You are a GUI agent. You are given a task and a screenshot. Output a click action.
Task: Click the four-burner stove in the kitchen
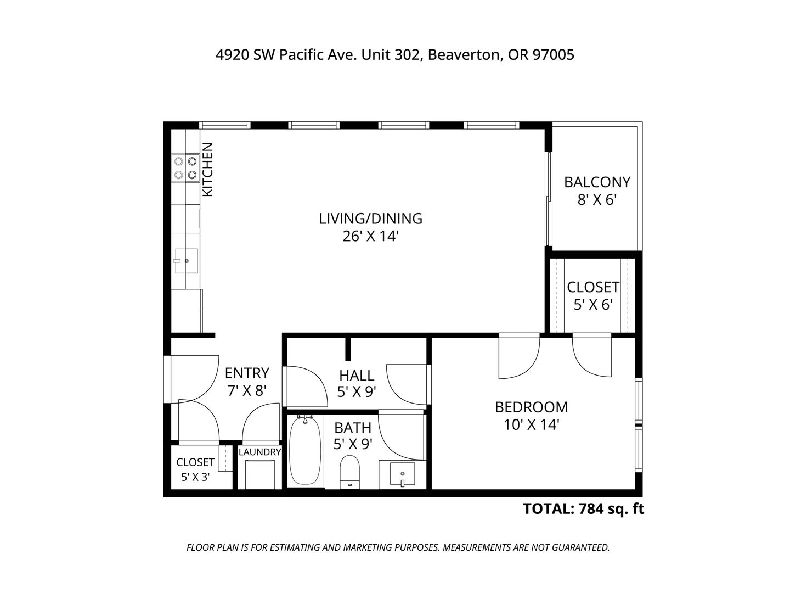click(x=185, y=168)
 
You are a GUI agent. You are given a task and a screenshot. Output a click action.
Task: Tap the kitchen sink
click(x=186, y=261)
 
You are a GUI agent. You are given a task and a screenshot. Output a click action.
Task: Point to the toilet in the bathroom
click(x=349, y=472)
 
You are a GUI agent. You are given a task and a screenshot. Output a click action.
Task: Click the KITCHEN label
click(x=208, y=170)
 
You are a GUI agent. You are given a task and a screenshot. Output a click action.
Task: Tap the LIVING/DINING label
click(x=371, y=219)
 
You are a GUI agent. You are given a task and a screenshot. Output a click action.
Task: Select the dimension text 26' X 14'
click(x=371, y=237)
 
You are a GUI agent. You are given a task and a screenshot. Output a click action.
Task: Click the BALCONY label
click(x=597, y=182)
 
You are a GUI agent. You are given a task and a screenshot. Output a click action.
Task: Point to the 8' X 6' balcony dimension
click(x=597, y=200)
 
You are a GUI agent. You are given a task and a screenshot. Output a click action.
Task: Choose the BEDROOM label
click(x=531, y=407)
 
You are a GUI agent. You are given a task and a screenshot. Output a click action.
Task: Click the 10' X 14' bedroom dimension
click(x=531, y=425)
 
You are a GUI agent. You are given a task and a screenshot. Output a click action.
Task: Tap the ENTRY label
click(x=247, y=373)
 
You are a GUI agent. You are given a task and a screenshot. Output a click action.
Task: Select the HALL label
click(x=357, y=376)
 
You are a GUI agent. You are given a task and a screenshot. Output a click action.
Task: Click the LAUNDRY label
click(x=260, y=452)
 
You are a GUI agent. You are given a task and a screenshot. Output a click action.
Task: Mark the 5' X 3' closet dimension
click(x=195, y=478)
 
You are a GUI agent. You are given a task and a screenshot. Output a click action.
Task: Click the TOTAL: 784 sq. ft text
click(x=583, y=509)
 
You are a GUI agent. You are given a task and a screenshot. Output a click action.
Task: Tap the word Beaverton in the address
click(x=465, y=55)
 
